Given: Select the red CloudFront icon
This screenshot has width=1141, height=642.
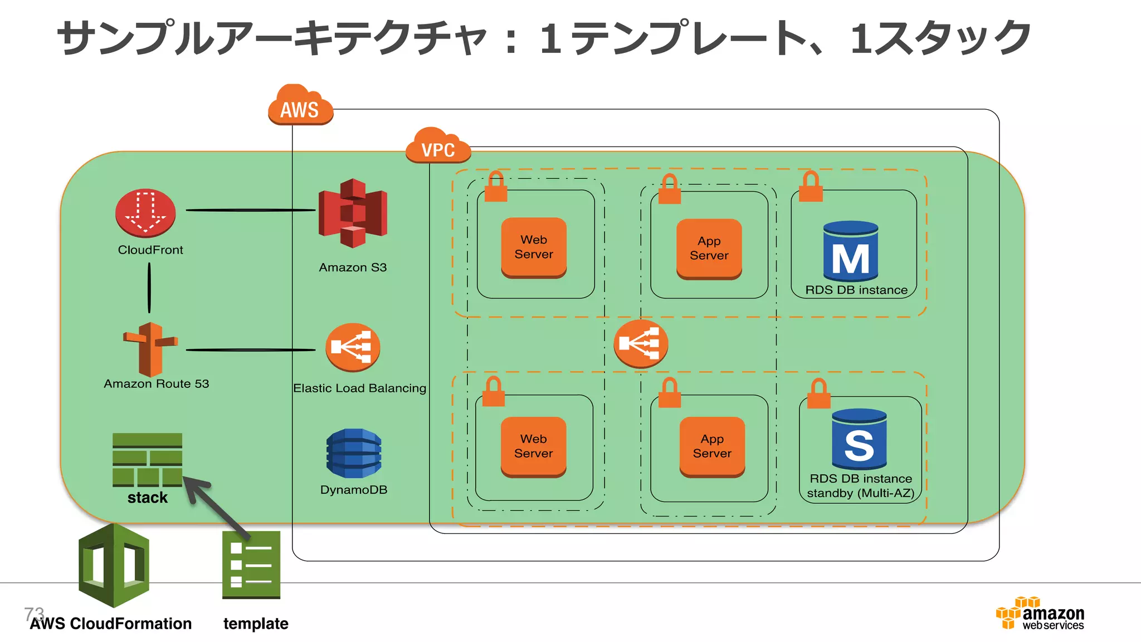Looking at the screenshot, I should (145, 213).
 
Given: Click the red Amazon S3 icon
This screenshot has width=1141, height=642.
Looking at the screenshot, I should (353, 213).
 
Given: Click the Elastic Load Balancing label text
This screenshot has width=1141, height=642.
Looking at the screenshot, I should (359, 388).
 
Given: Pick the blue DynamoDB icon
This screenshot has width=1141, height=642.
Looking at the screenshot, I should (354, 453).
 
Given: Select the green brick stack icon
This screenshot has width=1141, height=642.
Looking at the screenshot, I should (147, 459).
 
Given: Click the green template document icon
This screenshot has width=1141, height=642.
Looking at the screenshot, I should (251, 565).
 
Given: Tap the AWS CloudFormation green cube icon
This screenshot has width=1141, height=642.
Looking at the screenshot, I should (114, 565).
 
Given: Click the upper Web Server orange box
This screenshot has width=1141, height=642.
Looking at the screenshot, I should (534, 247).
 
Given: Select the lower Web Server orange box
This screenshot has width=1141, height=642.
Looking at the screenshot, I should (533, 446).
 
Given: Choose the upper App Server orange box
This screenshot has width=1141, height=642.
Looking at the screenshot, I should (709, 249).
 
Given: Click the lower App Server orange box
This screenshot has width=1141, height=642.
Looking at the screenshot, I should (712, 446).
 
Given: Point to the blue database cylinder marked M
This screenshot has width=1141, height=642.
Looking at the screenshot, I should (850, 251).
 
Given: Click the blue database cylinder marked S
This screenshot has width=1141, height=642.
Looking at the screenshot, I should (859, 439).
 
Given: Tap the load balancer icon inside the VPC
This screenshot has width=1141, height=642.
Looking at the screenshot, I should (641, 343).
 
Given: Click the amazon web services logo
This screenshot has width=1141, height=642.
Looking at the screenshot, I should (1040, 614).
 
